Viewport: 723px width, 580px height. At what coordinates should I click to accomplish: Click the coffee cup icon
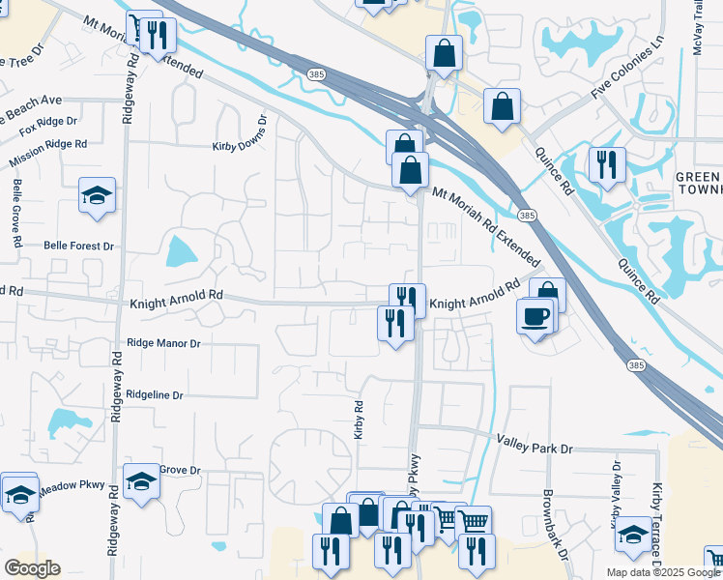point(535,316)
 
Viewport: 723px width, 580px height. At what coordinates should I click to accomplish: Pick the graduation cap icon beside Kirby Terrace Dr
point(633,533)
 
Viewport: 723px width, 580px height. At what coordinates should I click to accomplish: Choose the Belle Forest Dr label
point(78,246)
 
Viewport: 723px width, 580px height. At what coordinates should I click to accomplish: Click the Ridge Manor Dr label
point(163,343)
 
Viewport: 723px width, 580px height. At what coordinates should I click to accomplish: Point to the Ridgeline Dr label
point(155,395)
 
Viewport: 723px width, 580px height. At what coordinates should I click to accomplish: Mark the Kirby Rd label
point(359,420)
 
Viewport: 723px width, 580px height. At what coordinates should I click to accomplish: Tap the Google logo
point(33,567)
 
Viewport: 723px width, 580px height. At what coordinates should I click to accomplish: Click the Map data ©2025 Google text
point(662,572)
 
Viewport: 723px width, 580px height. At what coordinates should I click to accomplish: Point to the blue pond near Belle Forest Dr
point(181,252)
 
